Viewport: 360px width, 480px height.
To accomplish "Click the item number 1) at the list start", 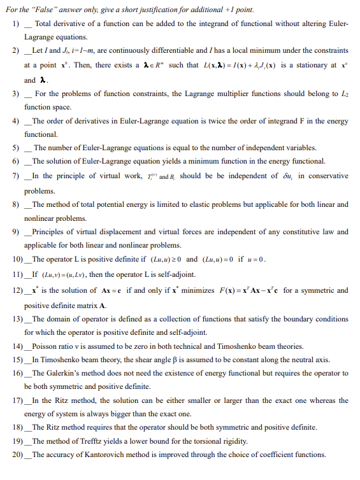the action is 16,24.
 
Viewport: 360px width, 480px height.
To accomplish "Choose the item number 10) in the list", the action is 17,259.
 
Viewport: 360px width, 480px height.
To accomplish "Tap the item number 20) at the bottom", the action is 17,455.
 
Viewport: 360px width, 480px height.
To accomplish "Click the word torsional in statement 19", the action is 236,441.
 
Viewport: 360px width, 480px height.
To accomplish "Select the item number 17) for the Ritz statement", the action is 17,400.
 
